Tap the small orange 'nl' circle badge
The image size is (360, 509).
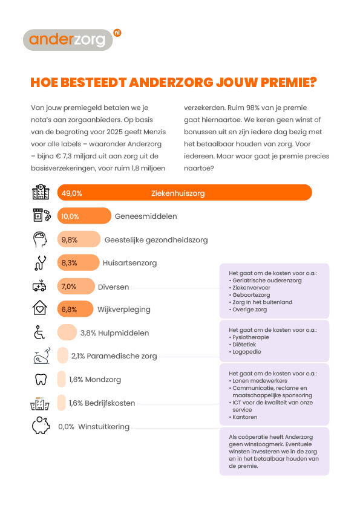click(x=117, y=33)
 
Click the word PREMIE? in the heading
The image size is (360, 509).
click(x=289, y=82)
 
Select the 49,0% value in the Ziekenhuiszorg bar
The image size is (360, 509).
click(x=72, y=193)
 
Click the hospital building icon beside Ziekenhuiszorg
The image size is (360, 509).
click(x=41, y=192)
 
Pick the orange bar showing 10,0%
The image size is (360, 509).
click(x=84, y=216)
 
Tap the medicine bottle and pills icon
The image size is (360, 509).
click(x=42, y=215)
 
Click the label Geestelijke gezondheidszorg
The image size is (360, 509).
click(x=156, y=240)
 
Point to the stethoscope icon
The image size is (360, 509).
click(x=41, y=262)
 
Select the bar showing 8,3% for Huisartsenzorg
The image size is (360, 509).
click(x=78, y=262)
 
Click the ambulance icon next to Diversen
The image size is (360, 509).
click(x=40, y=286)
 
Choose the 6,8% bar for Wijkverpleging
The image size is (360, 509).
click(x=76, y=309)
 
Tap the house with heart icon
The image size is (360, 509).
click(x=40, y=308)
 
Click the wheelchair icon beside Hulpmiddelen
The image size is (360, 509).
click(x=40, y=332)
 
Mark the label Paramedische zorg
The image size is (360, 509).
click(x=122, y=356)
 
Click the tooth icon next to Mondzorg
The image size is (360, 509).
click(x=41, y=379)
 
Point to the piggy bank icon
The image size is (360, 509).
click(x=41, y=425)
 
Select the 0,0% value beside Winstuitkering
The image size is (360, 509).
click(x=67, y=427)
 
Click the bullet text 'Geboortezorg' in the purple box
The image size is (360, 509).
click(x=251, y=295)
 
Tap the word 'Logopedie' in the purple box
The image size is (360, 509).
click(x=247, y=352)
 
